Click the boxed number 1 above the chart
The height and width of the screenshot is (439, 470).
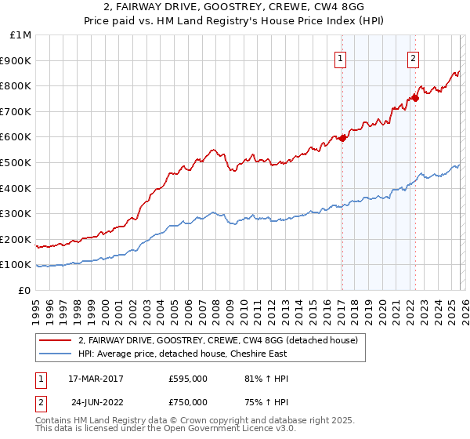[x=342, y=57]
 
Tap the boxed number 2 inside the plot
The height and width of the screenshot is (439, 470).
[x=413, y=57]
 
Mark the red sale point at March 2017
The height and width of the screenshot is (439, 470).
[x=342, y=138]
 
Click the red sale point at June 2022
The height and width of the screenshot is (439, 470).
[x=415, y=98]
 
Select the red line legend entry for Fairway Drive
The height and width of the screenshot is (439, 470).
[x=218, y=340]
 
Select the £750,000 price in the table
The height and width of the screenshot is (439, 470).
[x=188, y=402]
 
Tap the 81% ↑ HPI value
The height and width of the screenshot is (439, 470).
[x=267, y=379]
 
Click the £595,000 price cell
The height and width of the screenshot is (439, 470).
[x=188, y=379]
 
